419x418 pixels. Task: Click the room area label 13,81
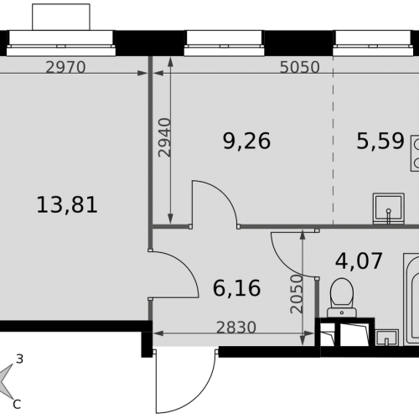67,204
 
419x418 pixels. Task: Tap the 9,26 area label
246,141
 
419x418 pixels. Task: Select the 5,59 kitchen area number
380,141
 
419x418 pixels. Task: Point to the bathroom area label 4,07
359,261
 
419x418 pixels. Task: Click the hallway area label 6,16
236,288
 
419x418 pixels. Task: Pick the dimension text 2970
65,67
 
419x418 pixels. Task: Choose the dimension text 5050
299,67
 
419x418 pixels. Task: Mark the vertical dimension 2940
164,137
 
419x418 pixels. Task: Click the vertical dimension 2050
297,294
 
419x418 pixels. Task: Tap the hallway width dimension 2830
236,328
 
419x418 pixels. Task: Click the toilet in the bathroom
342,297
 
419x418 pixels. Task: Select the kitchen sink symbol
389,209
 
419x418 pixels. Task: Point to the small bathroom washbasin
387,338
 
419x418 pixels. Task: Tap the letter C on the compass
17,404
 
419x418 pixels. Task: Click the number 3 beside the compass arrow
19,359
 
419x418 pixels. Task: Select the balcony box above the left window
61,17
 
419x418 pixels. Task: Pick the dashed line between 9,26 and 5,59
334,141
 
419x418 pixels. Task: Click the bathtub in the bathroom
411,300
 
